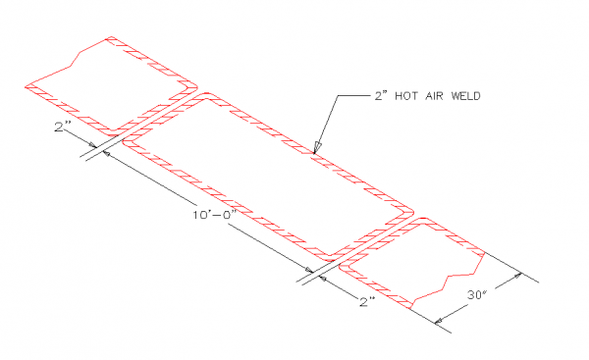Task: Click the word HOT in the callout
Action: pos(405,96)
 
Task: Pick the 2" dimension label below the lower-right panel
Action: pos(367,302)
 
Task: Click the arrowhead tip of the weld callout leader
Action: pos(313,152)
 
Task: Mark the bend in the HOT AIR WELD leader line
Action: pos(337,96)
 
